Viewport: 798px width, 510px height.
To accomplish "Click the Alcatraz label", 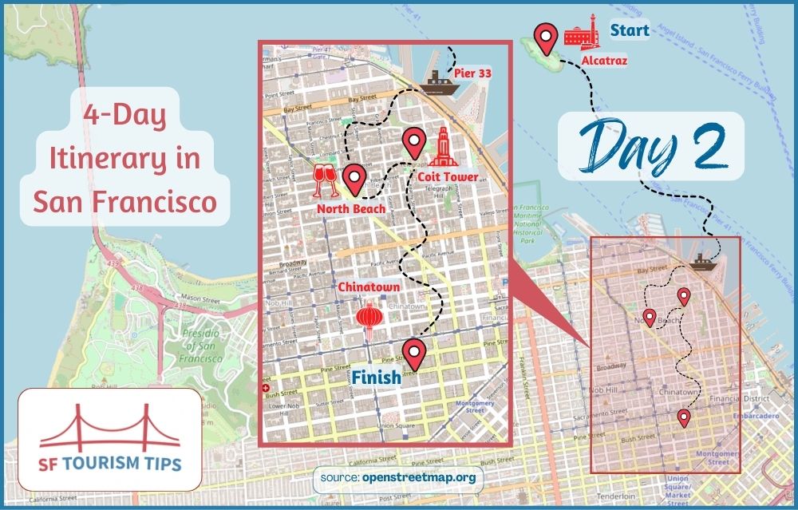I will coord(604,60).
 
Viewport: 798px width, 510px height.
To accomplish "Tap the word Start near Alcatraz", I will coord(630,31).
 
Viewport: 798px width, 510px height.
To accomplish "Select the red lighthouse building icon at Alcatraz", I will coord(582,31).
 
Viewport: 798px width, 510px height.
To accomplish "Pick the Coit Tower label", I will coord(447,176).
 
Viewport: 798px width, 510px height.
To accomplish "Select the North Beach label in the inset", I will coord(351,208).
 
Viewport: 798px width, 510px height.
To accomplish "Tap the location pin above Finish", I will coord(413,352).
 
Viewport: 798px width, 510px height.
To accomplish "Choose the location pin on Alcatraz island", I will coord(545,37).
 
